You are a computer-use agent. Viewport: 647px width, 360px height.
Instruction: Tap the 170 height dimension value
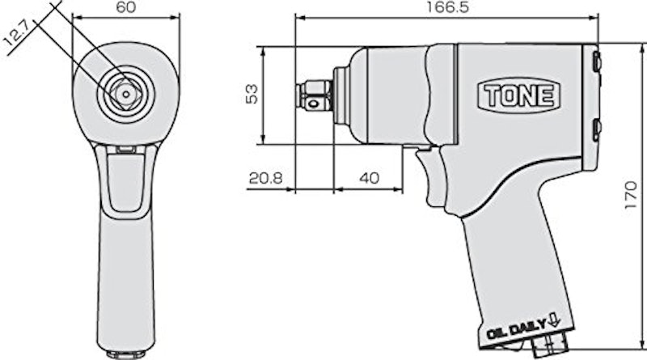[x=632, y=194]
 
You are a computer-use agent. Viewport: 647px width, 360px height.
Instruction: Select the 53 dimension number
[x=251, y=94]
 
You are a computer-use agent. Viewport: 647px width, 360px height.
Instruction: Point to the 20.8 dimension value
[x=265, y=178]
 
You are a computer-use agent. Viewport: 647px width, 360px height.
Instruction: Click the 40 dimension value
[x=369, y=178]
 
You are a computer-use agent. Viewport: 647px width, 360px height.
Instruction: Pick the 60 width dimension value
[x=126, y=7]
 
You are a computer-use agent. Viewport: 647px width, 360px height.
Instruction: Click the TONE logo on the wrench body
[x=518, y=95]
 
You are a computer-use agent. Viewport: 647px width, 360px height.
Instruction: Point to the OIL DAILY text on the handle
[x=517, y=329]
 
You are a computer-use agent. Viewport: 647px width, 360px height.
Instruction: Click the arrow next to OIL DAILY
[x=554, y=320]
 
